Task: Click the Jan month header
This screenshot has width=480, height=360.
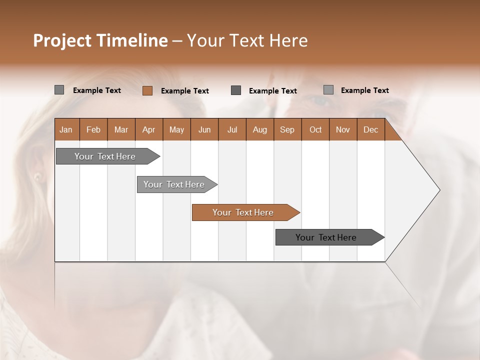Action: pyautogui.click(x=66, y=129)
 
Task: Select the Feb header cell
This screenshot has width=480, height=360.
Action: pyautogui.click(x=93, y=129)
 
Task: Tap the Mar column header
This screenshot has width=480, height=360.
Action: pyautogui.click(x=121, y=129)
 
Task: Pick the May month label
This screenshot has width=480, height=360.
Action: pyautogui.click(x=176, y=129)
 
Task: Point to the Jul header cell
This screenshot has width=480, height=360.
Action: pyautogui.click(x=232, y=129)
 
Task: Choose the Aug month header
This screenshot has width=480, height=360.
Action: pyautogui.click(x=259, y=129)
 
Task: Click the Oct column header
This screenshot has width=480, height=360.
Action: pyautogui.click(x=315, y=129)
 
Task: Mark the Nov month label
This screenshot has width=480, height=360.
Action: pyautogui.click(x=343, y=129)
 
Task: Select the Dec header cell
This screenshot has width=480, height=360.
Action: pyautogui.click(x=370, y=129)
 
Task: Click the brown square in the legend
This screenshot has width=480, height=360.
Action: pyautogui.click(x=147, y=90)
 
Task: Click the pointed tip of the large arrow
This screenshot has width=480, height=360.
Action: pyautogui.click(x=439, y=190)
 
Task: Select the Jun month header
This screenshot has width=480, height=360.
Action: pyautogui.click(x=204, y=129)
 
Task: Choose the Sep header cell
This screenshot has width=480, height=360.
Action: pyautogui.click(x=287, y=129)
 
